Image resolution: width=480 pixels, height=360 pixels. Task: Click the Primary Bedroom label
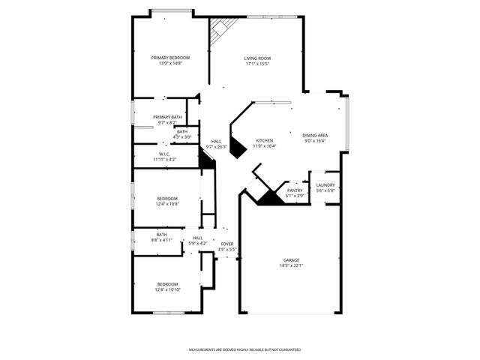click(x=170, y=58)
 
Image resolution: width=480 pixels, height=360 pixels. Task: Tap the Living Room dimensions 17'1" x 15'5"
click(x=257, y=64)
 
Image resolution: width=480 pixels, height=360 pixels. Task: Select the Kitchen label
click(x=265, y=140)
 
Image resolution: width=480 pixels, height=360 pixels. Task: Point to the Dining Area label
click(x=315, y=135)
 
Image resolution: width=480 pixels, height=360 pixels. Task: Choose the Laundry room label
click(x=325, y=185)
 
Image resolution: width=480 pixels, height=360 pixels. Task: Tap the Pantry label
click(x=295, y=190)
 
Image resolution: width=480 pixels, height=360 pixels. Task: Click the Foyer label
click(x=226, y=244)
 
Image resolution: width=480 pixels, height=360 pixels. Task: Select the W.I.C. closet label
click(x=166, y=154)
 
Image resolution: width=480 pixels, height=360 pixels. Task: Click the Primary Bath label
click(x=167, y=117)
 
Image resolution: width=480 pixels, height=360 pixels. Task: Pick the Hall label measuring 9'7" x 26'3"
click(x=216, y=144)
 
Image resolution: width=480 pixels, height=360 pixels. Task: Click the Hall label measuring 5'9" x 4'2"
click(x=197, y=241)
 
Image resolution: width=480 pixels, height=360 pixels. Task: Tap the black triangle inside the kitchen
click(x=237, y=148)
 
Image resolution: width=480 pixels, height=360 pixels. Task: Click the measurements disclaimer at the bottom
click(x=244, y=349)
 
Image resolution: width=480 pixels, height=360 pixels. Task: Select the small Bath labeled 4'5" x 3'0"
click(x=182, y=134)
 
